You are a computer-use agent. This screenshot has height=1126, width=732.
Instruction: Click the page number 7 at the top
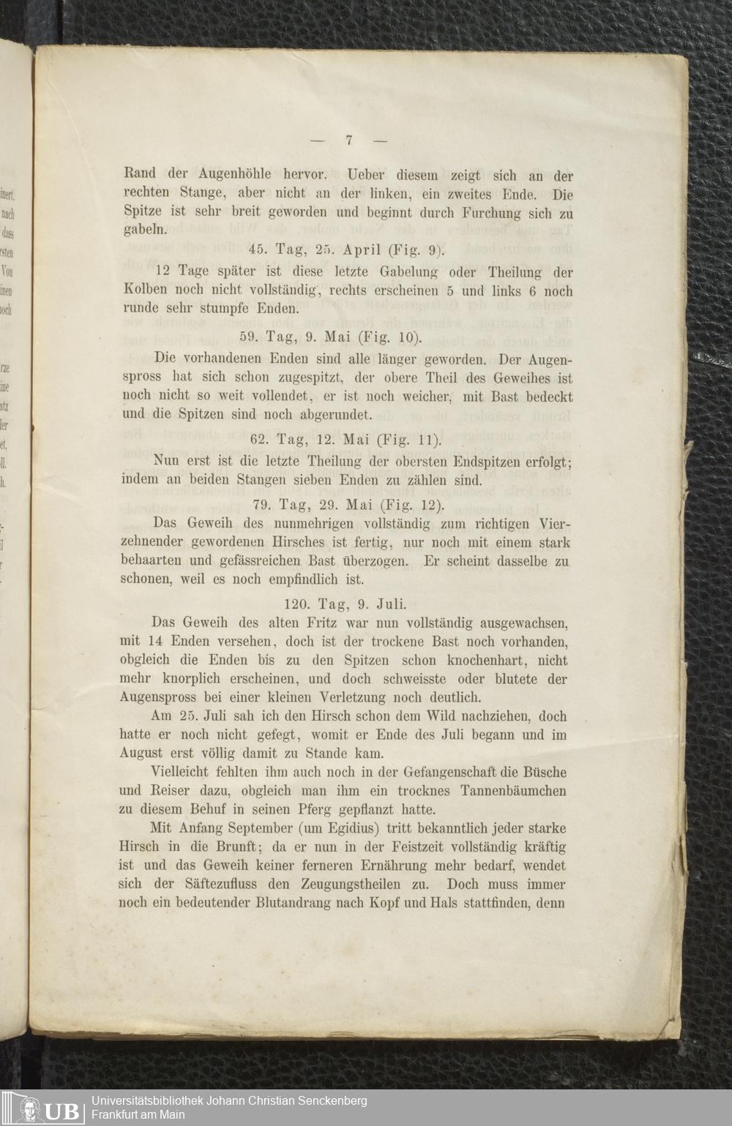348,140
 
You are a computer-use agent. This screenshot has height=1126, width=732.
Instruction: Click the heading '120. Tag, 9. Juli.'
344,604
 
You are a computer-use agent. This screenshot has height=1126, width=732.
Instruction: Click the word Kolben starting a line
143,290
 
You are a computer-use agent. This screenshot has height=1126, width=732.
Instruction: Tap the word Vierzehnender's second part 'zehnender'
155,543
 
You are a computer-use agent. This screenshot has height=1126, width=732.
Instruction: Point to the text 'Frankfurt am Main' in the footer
138,1115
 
